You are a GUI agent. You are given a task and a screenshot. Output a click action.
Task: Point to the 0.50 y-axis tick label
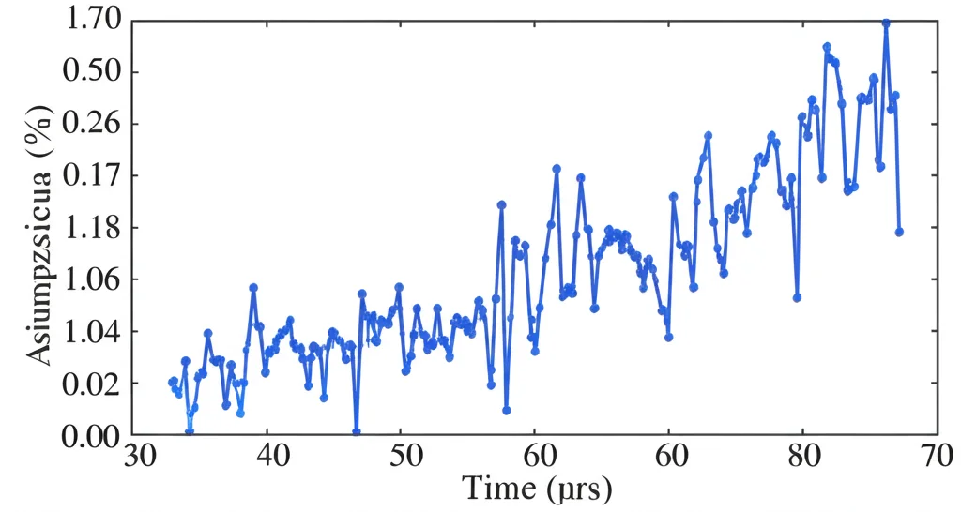[91, 72]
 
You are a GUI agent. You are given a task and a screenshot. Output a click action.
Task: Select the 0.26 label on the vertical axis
[91, 124]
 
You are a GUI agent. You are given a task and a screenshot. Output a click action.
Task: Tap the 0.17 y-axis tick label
[91, 175]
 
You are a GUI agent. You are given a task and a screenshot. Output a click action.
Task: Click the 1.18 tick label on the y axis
[91, 228]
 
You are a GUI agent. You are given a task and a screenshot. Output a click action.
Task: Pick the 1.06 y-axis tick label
[91, 279]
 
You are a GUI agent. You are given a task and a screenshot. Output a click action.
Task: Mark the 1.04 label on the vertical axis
[91, 331]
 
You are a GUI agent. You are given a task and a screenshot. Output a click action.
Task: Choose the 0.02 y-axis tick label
[91, 384]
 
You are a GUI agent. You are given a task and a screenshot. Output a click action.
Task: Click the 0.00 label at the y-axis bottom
[91, 435]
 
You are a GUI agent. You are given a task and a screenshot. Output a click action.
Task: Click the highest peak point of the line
[885, 23]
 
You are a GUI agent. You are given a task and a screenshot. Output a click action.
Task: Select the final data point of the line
[899, 232]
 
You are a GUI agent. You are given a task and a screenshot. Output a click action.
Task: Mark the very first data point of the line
[172, 382]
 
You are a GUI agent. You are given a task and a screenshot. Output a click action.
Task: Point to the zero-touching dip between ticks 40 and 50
[357, 432]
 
